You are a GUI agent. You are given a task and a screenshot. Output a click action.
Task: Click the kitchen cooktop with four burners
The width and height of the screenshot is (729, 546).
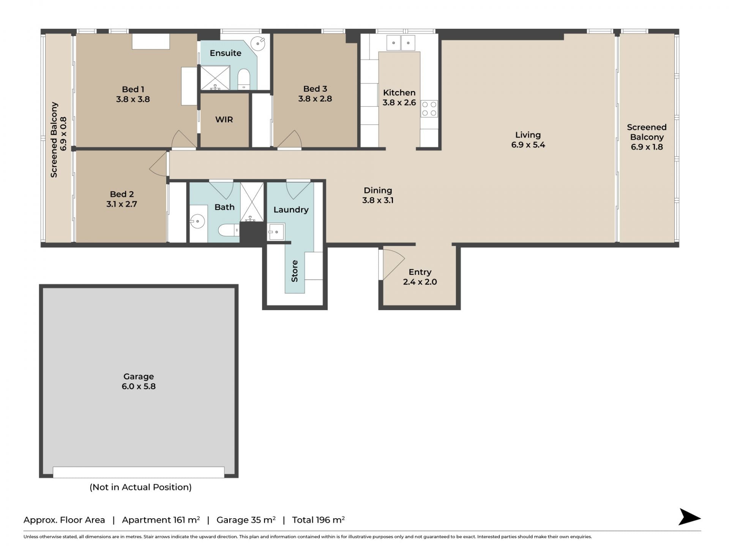pos(429,109)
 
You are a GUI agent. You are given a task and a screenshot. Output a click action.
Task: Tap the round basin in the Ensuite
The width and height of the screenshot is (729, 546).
pos(258,43)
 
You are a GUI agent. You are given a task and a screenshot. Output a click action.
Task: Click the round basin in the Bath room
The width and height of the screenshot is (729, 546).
pos(197,221)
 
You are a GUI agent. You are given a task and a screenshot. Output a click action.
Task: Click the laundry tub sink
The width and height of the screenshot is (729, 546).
pos(276,232)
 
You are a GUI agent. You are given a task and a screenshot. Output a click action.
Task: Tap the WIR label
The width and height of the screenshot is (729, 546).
pos(224,119)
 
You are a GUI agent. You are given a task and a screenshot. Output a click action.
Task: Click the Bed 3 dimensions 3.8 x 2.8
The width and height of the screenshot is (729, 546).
pos(315,99)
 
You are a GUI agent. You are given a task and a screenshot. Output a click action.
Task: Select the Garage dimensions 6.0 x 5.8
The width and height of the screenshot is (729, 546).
pos(139,386)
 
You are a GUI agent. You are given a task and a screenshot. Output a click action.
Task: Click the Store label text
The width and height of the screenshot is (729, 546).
pos(295,271)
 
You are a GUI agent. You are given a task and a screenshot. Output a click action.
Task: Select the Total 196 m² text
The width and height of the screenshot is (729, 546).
pos(318,520)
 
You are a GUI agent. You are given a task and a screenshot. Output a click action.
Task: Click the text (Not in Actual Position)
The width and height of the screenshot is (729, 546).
pos(140,487)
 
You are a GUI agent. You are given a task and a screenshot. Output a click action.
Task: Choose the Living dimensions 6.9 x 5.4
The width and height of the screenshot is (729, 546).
pos(528,144)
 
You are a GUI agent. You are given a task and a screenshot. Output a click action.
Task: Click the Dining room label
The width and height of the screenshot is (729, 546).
pos(378,190)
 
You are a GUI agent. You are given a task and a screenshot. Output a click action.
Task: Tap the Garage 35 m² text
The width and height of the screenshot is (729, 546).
pos(246,520)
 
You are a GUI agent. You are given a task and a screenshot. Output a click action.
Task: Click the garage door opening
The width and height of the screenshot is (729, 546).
pos(139,472)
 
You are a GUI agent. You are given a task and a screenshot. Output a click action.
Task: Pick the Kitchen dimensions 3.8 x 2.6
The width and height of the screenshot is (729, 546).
pos(399,102)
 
